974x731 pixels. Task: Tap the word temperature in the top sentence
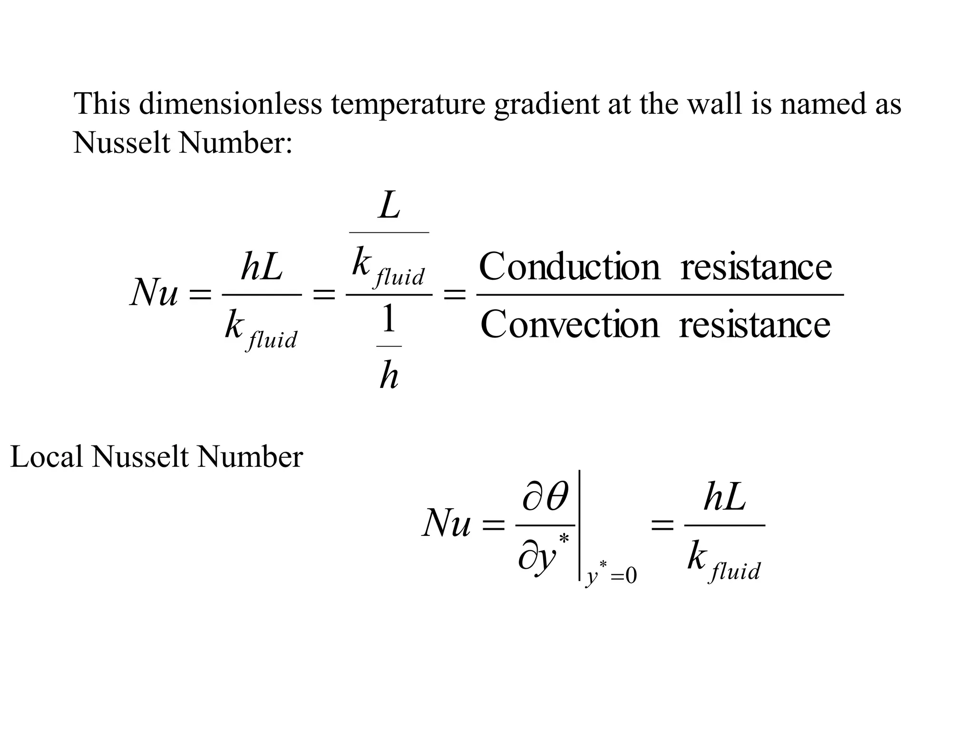408,104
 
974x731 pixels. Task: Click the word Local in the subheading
46,457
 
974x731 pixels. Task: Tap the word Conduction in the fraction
569,267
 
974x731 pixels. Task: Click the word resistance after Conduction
756,267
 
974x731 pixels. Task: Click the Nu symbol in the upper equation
154,292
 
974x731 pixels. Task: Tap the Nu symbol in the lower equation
446,524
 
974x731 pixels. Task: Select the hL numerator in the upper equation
262,267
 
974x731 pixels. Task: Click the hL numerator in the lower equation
724,499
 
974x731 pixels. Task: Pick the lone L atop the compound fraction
390,206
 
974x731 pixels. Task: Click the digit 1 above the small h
389,319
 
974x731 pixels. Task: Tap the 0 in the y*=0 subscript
631,576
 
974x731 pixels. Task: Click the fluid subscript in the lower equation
735,571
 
